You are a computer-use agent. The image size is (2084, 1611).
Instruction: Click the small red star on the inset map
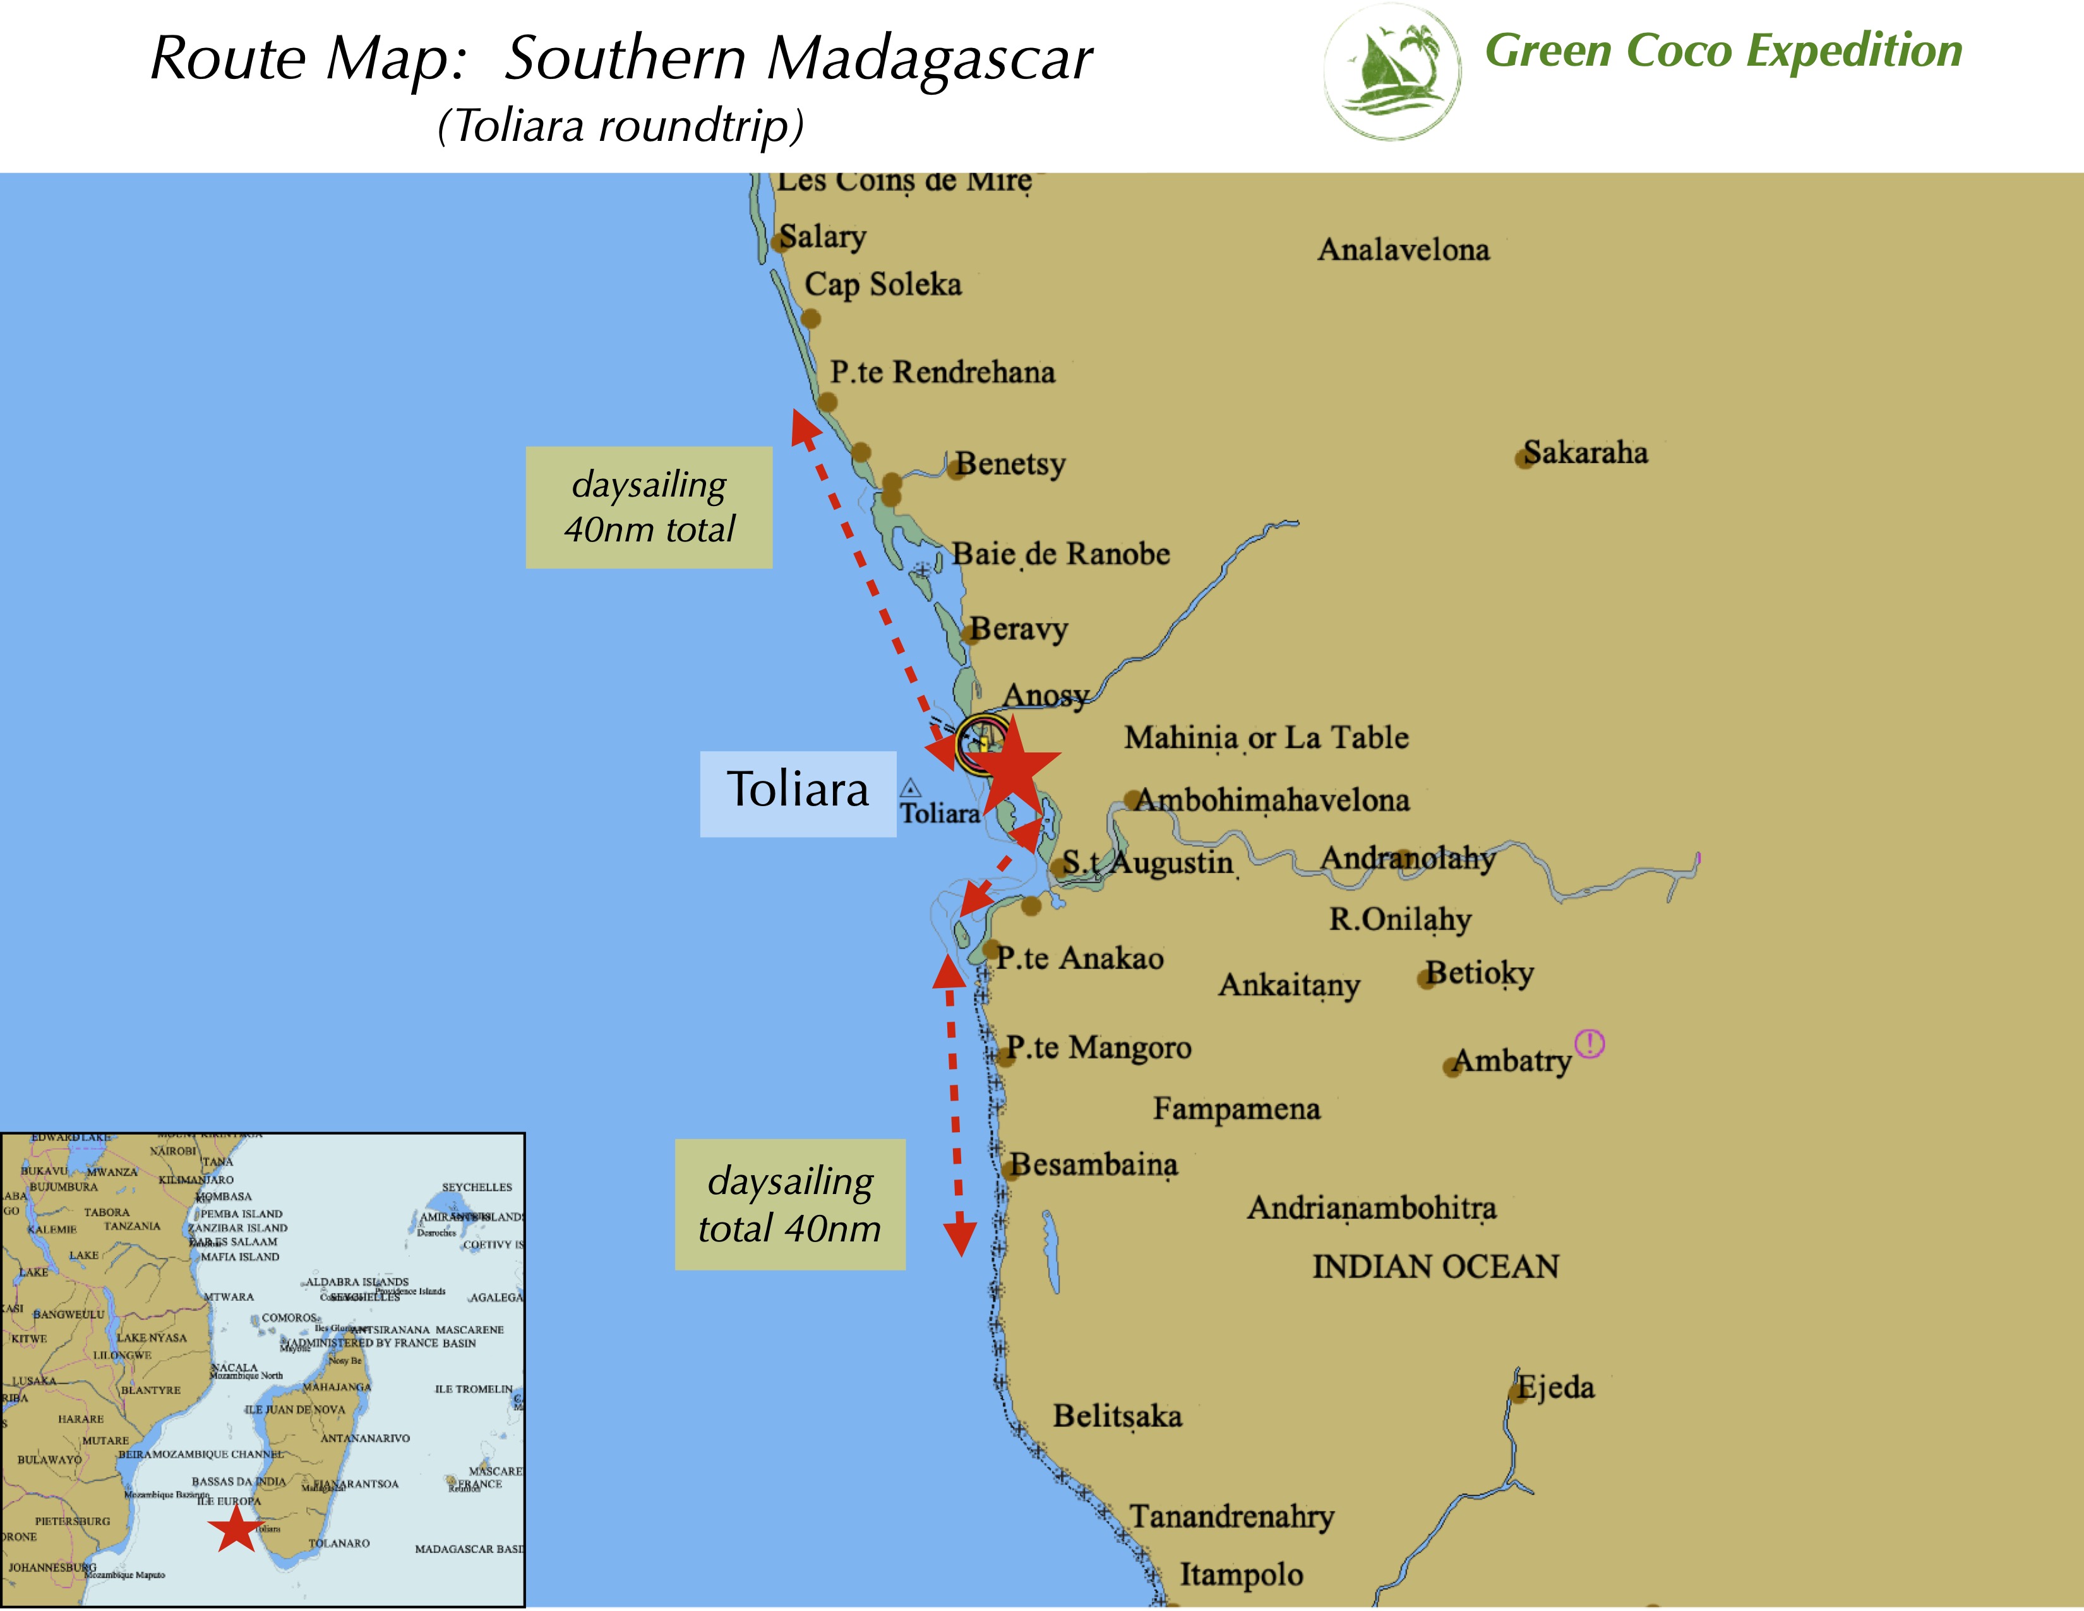[x=235, y=1528]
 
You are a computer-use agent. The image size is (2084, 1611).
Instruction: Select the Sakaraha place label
[x=1585, y=452]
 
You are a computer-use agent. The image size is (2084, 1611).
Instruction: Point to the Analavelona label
[x=1403, y=250]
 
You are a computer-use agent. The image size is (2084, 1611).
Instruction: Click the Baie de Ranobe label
[x=1061, y=553]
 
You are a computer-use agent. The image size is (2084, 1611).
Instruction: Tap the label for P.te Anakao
[x=1079, y=958]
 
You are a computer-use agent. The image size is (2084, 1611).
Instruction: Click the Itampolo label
[x=1240, y=1574]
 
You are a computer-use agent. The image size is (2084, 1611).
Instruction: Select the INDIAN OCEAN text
[x=1435, y=1267]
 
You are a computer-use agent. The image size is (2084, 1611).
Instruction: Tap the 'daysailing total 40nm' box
[x=789, y=1204]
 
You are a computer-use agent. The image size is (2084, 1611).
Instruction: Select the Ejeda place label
[x=1556, y=1387]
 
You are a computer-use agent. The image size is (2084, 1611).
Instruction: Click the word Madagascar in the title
[x=930, y=59]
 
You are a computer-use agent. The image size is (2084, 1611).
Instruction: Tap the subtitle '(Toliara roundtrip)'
[x=620, y=126]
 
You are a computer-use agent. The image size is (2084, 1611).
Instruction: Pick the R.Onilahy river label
[x=1400, y=919]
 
